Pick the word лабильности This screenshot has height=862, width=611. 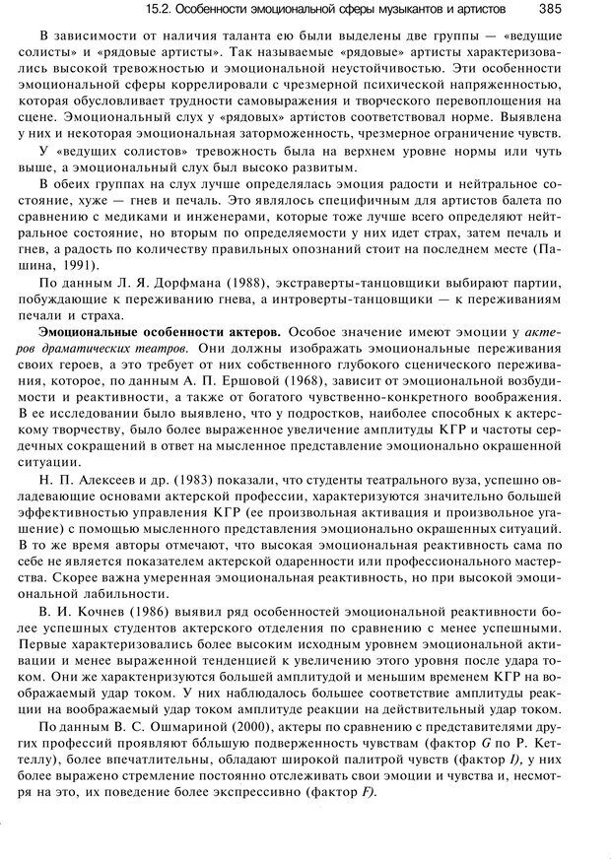click(109, 597)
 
